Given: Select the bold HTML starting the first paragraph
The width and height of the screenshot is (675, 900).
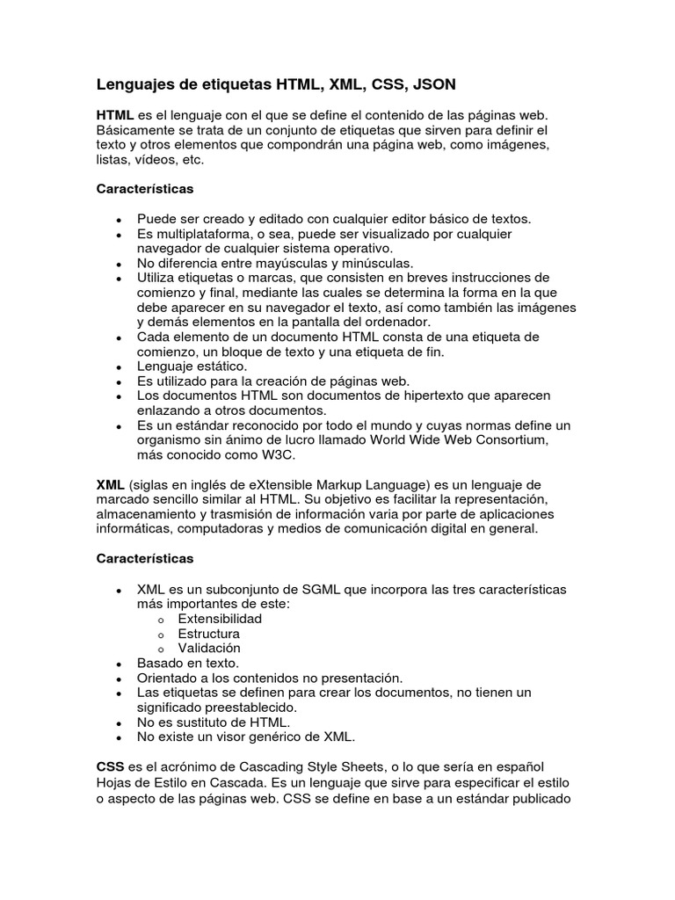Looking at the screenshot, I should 115,116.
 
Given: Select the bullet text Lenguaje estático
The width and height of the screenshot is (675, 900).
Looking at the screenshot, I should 192,366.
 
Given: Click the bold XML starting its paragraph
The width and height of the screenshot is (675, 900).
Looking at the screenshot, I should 111,485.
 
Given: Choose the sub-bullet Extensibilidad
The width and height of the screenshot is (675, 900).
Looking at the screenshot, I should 220,618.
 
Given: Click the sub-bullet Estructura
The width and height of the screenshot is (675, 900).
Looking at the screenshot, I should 208,633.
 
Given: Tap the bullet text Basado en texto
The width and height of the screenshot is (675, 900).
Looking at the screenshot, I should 187,663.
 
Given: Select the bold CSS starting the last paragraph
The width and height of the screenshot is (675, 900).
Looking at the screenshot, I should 110,767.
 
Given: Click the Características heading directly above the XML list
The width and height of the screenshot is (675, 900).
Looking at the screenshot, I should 144,558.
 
